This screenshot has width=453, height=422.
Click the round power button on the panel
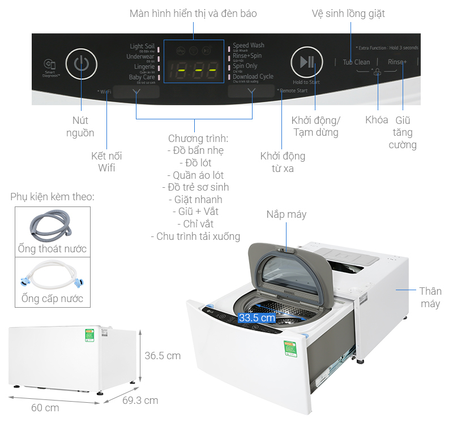click(x=82, y=63)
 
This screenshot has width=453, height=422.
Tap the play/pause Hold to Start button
click(x=306, y=62)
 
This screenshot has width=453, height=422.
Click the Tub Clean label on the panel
click(x=356, y=62)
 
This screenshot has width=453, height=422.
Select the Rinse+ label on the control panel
click(x=397, y=62)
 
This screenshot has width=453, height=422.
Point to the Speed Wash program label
click(x=249, y=46)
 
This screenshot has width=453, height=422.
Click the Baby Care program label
click(x=142, y=77)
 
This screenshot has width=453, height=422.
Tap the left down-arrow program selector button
click(x=136, y=91)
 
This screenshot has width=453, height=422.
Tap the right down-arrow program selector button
click(x=251, y=91)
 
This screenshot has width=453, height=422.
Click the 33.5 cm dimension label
click(x=257, y=318)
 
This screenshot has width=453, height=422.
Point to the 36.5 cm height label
click(x=163, y=356)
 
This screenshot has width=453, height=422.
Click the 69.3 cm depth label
click(x=140, y=401)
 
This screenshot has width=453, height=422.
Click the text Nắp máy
click(x=287, y=214)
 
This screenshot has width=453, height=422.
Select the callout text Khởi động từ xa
click(x=283, y=162)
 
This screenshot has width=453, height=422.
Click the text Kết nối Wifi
click(x=106, y=162)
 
